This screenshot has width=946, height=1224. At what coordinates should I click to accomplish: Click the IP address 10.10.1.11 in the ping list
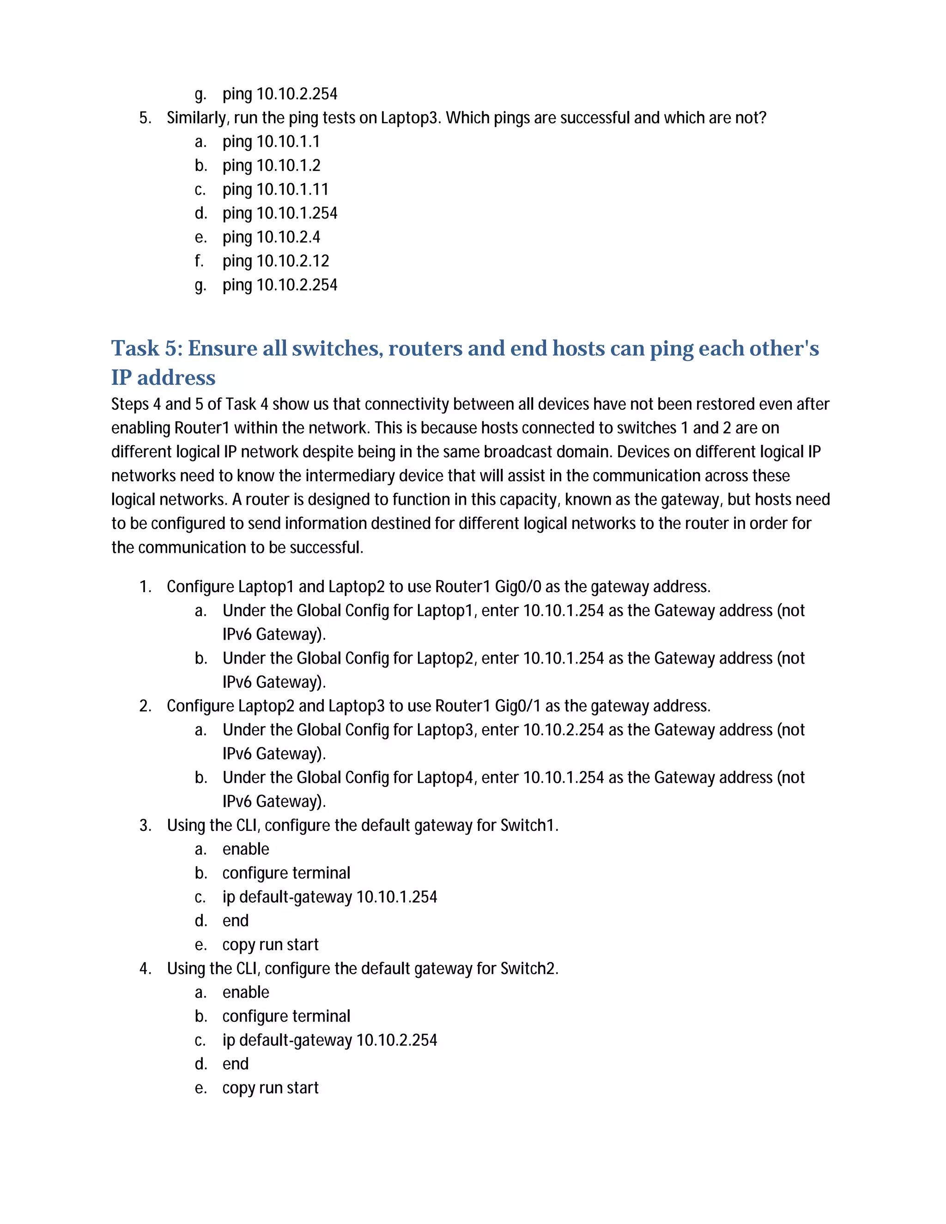[x=292, y=189]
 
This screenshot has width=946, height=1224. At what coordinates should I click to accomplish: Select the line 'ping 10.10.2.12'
[x=275, y=261]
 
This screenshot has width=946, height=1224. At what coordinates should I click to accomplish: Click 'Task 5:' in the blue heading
[x=147, y=348]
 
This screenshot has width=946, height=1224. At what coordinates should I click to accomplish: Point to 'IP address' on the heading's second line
[x=163, y=378]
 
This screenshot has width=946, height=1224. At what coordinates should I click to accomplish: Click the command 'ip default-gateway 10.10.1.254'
[x=329, y=897]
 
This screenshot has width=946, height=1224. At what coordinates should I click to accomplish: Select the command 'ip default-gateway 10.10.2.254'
[x=329, y=1040]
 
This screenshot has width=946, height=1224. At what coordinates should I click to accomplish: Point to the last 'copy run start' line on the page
[x=270, y=1088]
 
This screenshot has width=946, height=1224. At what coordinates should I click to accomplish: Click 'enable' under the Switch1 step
[x=245, y=849]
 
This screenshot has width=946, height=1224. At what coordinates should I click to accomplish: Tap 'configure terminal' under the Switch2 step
[x=286, y=1016]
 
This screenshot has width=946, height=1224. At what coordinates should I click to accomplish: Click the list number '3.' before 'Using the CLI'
[x=145, y=825]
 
